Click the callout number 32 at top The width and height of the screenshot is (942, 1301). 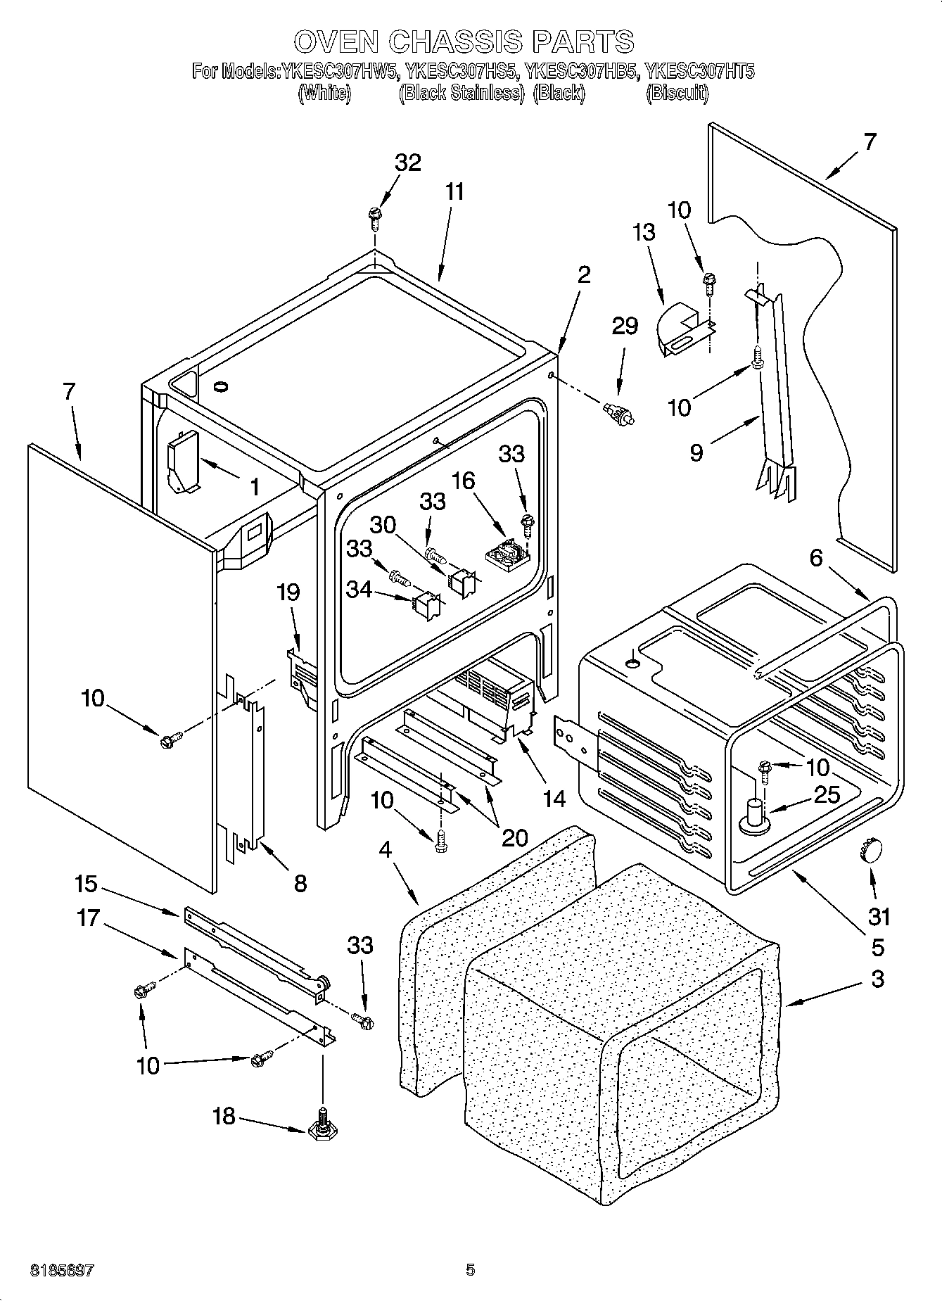click(x=407, y=163)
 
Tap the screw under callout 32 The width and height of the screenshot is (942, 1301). click(x=374, y=217)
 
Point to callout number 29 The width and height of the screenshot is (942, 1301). click(x=624, y=326)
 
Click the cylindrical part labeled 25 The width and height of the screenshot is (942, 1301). click(x=756, y=815)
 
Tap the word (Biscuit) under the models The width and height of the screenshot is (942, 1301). click(x=677, y=93)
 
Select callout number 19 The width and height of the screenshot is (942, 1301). click(x=288, y=592)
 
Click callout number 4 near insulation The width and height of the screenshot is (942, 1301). click(x=385, y=850)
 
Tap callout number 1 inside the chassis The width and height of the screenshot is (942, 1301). click(x=254, y=486)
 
